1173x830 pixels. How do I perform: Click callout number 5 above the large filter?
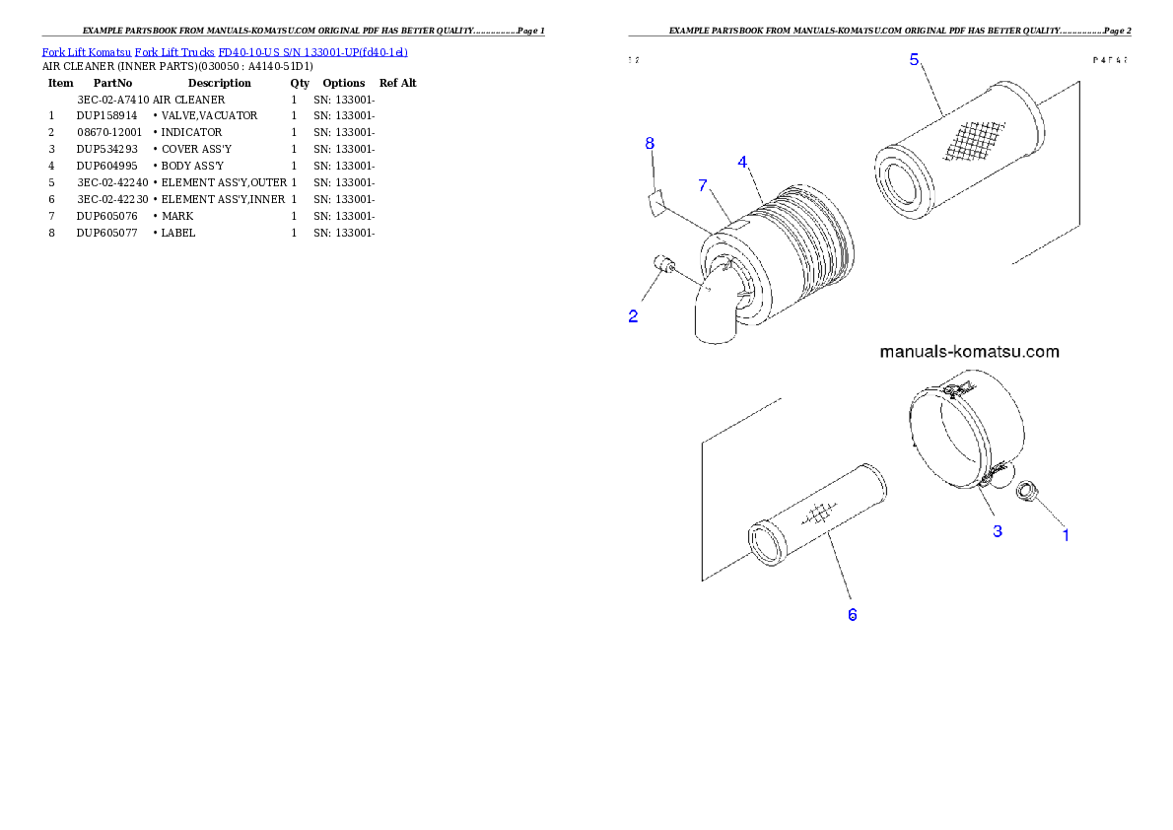click(x=915, y=60)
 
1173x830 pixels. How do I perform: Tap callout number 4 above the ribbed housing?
click(x=742, y=162)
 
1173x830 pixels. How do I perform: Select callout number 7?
click(x=703, y=185)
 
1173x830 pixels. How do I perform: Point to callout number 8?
click(x=650, y=144)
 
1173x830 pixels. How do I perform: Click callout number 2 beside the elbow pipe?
click(x=633, y=316)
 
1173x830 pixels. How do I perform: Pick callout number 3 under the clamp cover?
click(x=998, y=531)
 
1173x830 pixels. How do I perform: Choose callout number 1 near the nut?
click(x=1065, y=535)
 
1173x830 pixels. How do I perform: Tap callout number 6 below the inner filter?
click(x=853, y=614)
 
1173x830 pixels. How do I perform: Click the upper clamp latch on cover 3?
click(x=952, y=393)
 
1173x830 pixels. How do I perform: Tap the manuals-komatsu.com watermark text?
click(x=968, y=352)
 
